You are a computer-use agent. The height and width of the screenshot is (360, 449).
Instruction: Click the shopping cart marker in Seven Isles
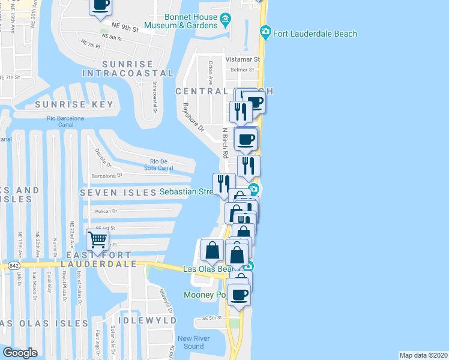click(x=97, y=241)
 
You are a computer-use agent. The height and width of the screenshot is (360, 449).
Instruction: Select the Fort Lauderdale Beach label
click(x=315, y=34)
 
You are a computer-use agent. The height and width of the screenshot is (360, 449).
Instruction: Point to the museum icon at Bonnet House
click(x=225, y=22)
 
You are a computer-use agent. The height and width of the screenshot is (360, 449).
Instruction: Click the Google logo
click(x=20, y=353)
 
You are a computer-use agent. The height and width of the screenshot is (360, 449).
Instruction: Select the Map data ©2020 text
click(x=424, y=355)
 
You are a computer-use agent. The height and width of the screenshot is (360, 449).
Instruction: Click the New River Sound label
click(x=193, y=343)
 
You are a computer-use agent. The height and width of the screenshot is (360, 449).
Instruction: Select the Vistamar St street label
click(x=243, y=59)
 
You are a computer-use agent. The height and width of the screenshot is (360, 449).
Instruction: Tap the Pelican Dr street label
click(x=106, y=211)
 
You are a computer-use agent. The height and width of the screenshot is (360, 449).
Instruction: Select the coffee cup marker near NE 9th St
click(x=101, y=5)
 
